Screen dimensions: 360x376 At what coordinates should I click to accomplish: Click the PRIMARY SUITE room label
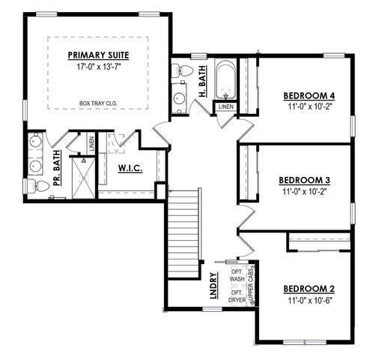click(x=99, y=55)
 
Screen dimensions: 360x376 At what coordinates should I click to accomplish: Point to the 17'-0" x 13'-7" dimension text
click(x=99, y=66)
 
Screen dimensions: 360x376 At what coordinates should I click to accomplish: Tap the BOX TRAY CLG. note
click(x=99, y=103)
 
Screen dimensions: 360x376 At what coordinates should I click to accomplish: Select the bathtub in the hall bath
click(x=225, y=82)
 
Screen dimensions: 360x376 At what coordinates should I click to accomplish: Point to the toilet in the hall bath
click(x=178, y=72)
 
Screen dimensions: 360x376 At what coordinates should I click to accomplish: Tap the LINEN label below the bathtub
click(x=225, y=107)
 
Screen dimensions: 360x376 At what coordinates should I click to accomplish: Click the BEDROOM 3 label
click(x=304, y=180)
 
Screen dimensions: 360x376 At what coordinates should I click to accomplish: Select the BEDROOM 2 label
click(x=309, y=288)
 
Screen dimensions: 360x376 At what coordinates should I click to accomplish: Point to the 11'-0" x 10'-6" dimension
click(x=309, y=300)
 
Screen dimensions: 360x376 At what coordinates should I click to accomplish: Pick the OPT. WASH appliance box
click(x=237, y=274)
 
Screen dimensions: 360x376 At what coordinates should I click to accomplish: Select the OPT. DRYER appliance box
click(x=237, y=296)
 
